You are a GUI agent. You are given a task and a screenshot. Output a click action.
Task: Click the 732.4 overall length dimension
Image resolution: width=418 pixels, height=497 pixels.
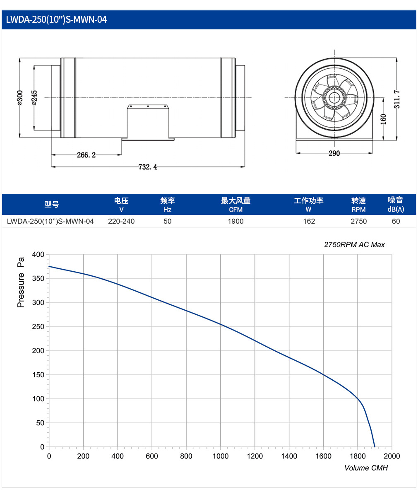tap(148, 167)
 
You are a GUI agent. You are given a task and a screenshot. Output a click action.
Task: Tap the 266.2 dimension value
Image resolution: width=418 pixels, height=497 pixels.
tap(86, 155)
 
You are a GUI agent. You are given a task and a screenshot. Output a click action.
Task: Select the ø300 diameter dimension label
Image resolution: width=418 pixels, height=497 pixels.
tap(20, 98)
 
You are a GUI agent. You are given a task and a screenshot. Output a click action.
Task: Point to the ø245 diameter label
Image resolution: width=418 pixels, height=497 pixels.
tap(35, 98)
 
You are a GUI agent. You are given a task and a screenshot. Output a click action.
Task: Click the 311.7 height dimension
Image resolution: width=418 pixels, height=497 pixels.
tap(397, 99)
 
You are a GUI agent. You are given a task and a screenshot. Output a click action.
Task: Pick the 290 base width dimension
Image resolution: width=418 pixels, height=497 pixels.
tap(334, 153)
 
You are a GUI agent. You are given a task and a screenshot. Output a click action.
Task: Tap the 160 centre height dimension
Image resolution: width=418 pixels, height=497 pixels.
tap(383, 119)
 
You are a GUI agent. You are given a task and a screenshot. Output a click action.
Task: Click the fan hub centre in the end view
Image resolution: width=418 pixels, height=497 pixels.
tap(334, 98)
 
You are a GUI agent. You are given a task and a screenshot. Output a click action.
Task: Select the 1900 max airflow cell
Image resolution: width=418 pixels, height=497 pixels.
tap(235, 221)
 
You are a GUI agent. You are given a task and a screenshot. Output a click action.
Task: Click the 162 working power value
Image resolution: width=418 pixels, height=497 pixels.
tap(309, 221)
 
